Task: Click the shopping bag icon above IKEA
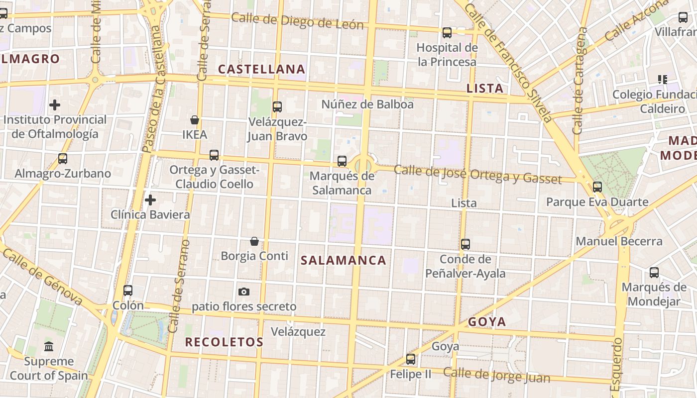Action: (x=195, y=120)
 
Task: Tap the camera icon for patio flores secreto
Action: (x=243, y=292)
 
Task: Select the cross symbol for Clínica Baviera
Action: (x=150, y=200)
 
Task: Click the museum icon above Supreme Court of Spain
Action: (x=49, y=346)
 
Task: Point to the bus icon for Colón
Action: (x=128, y=291)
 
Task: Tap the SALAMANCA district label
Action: (x=344, y=260)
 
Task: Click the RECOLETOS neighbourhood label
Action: (x=224, y=342)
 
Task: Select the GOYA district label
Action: (x=487, y=322)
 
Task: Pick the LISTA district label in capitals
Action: (x=484, y=89)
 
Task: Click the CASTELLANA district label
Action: (x=262, y=69)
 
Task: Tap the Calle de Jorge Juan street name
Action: (x=496, y=375)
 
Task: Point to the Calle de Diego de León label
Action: (x=297, y=21)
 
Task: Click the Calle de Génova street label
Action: (x=43, y=276)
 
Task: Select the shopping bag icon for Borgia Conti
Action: (x=254, y=241)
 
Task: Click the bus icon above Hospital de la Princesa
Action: (x=447, y=33)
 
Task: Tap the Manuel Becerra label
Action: (x=619, y=242)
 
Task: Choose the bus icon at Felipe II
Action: (x=411, y=359)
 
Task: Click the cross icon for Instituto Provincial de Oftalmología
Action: (x=55, y=105)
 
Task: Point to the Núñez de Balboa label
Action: (x=367, y=104)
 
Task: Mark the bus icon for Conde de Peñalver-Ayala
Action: (x=465, y=244)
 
